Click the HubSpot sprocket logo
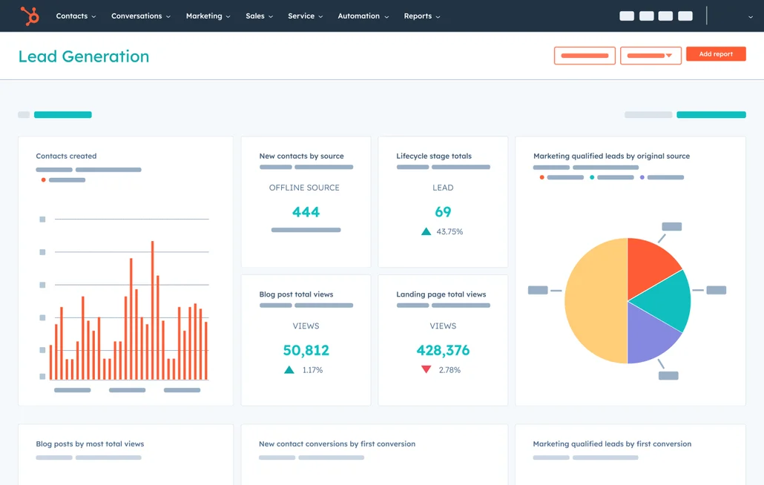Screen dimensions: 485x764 (x=30, y=16)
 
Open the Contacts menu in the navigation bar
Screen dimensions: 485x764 (x=76, y=16)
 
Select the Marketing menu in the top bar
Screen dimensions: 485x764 (x=208, y=16)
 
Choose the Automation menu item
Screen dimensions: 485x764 (x=363, y=16)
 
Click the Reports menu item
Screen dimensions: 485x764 (x=421, y=16)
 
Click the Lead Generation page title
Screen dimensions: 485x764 (x=84, y=56)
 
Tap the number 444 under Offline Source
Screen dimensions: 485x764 (x=306, y=212)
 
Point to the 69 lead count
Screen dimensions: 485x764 (x=443, y=212)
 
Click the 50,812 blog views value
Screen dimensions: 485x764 (x=306, y=350)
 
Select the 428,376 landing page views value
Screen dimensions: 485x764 (x=443, y=350)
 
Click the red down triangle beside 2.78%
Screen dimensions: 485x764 (x=426, y=369)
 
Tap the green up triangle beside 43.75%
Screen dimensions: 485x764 (x=426, y=231)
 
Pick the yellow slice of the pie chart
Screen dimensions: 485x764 (x=593, y=301)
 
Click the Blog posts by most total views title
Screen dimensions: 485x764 (x=90, y=444)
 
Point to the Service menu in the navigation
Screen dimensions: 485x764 (x=305, y=16)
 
